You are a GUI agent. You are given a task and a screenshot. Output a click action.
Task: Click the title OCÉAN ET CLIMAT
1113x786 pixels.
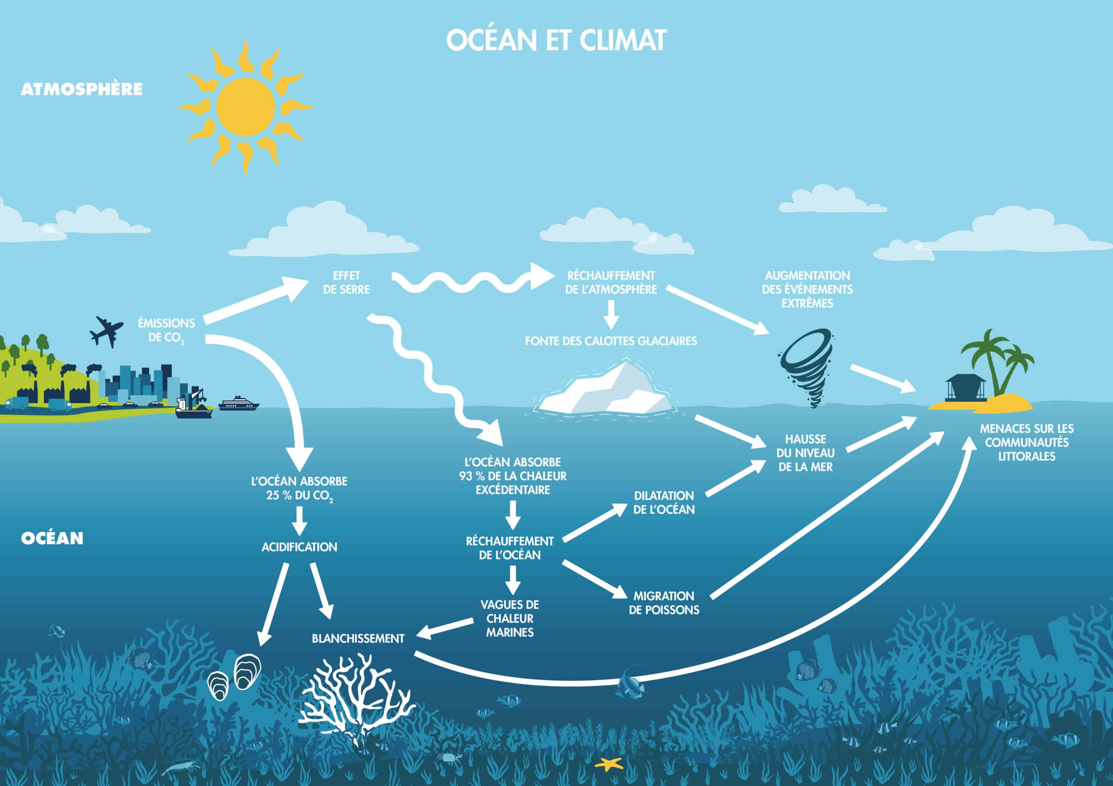(556, 40)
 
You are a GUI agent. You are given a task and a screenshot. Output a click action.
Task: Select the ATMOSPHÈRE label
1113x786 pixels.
(81, 89)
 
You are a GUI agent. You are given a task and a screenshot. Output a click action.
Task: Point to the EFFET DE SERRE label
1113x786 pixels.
(347, 283)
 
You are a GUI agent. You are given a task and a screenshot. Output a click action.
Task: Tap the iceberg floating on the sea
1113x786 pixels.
(606, 390)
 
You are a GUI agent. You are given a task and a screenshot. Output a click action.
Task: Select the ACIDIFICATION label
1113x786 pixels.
(299, 547)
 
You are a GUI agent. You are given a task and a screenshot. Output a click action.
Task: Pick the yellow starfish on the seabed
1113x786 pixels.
(609, 764)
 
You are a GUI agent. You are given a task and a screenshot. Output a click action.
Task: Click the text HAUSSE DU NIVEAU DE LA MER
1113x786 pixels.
(805, 453)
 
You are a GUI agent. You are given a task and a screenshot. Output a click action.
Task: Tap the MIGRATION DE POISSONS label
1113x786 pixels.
(664, 603)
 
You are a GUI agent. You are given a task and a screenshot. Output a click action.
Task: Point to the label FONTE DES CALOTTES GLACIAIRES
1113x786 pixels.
(611, 341)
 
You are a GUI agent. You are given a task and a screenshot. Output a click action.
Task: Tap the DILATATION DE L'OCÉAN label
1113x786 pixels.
(664, 503)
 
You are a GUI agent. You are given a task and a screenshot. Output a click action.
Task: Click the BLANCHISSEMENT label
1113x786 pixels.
(358, 638)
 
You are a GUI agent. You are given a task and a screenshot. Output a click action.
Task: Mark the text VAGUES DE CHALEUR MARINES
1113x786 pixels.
(510, 618)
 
